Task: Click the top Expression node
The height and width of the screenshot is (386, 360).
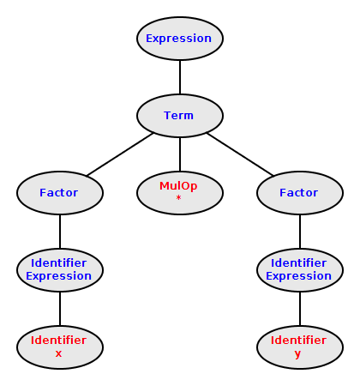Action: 180,39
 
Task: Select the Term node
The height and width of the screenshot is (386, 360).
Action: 180,116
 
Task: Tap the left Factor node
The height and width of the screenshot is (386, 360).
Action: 60,193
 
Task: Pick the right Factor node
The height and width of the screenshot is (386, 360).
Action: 300,193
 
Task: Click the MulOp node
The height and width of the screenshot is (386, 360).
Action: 180,193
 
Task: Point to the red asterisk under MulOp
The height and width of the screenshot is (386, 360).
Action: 178,198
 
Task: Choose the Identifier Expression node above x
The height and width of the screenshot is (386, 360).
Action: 60,270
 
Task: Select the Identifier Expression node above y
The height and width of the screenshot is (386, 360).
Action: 300,270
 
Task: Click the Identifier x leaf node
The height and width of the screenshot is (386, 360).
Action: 60,347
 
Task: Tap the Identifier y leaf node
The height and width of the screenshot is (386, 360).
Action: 300,347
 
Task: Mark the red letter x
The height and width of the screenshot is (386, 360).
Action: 58,353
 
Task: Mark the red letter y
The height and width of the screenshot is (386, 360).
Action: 297,354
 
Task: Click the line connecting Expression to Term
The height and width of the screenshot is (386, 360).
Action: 180,77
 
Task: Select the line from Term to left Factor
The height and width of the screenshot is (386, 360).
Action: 120,154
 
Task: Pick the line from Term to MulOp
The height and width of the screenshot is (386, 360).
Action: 180,154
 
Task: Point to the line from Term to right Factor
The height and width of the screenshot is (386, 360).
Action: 240,154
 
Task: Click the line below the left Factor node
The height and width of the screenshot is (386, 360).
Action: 60,232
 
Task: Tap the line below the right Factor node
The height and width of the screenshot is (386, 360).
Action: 300,232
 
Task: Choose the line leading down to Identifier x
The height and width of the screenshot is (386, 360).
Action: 60,309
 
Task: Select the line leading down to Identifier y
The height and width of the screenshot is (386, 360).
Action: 300,309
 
